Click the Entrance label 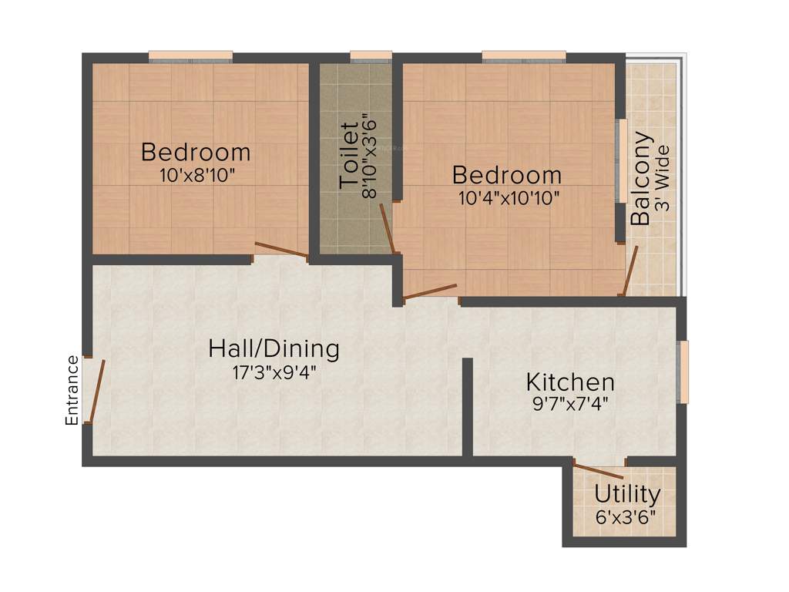click(x=72, y=390)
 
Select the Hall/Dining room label click(x=274, y=349)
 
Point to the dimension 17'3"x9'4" click(x=274, y=373)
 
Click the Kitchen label click(x=570, y=382)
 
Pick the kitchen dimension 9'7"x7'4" click(x=570, y=403)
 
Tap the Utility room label click(x=627, y=494)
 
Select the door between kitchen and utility click(x=599, y=470)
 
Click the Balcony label click(x=640, y=179)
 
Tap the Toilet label click(x=349, y=154)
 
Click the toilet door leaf click(x=388, y=229)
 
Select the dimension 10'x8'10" click(x=196, y=175)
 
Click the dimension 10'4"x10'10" click(x=508, y=197)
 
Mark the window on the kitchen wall click(x=683, y=372)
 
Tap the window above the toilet click(x=371, y=55)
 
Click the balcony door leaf click(x=630, y=271)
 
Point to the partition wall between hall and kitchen click(x=467, y=406)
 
